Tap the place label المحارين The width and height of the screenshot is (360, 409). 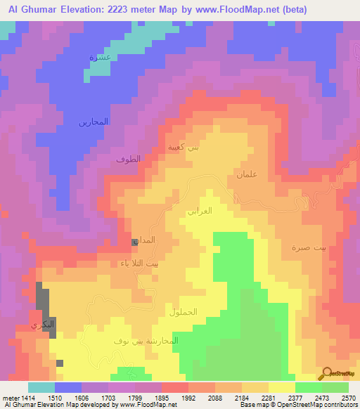point(93,122)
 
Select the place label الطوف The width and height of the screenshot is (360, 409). point(128,160)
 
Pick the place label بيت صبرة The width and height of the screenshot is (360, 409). point(307,247)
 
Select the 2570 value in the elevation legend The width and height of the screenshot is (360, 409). point(348,397)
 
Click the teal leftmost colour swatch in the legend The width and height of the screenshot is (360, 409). point(41,387)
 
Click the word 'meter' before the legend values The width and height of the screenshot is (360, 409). point(10,397)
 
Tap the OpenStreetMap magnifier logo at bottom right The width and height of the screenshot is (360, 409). point(327,372)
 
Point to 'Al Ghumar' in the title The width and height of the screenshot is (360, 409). point(27,9)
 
